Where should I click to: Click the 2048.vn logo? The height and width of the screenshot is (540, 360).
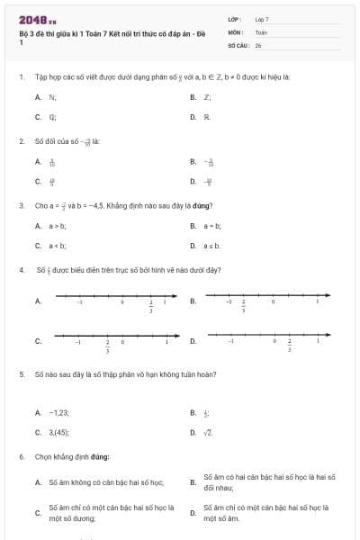click(38, 19)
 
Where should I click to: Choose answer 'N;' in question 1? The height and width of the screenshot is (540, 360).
click(52, 96)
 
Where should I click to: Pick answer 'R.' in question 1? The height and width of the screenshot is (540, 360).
click(207, 117)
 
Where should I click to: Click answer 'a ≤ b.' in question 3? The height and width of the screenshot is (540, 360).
click(211, 246)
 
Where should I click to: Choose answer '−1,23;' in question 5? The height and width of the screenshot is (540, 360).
click(58, 412)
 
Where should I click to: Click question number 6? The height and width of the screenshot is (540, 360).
click(21, 456)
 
